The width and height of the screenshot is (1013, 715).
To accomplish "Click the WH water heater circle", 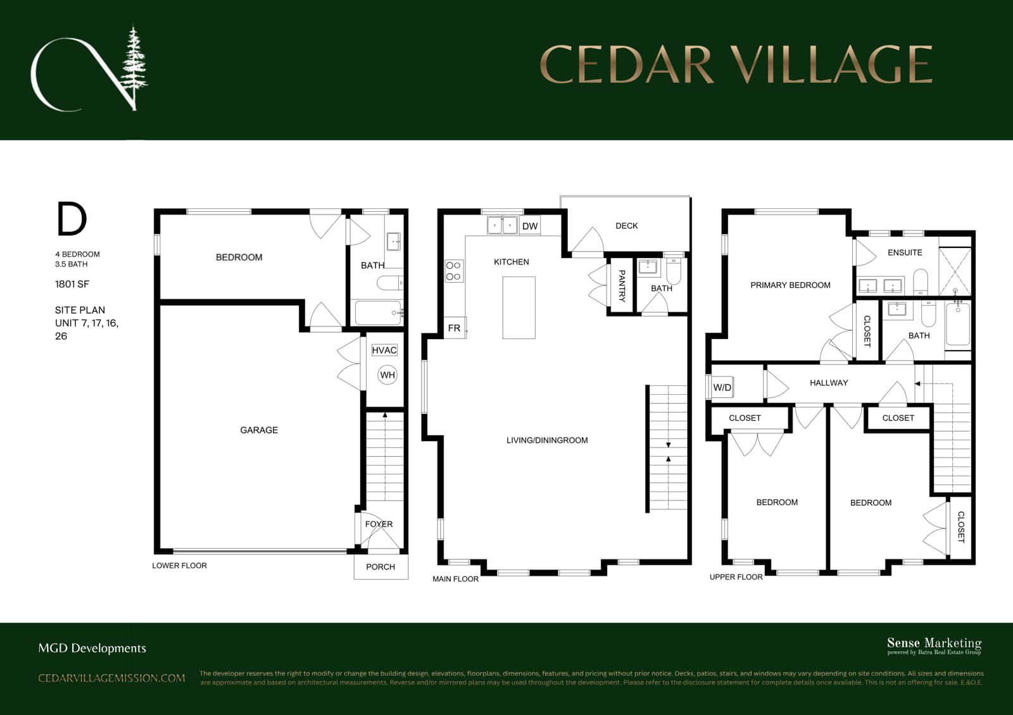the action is (x=387, y=375).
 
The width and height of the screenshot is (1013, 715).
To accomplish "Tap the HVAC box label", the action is (x=384, y=350).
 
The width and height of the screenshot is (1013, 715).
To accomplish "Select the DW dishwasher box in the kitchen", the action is (x=529, y=226).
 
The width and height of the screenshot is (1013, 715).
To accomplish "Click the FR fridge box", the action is (x=455, y=328).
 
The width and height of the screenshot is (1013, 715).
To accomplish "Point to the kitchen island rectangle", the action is (x=519, y=308).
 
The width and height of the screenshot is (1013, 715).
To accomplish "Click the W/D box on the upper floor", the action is (x=722, y=387).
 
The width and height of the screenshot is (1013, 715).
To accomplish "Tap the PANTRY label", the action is (x=622, y=285).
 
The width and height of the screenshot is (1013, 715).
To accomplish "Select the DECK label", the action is (x=626, y=225).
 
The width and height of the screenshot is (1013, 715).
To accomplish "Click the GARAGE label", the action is (x=259, y=430).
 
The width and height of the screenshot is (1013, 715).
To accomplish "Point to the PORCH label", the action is (x=381, y=567).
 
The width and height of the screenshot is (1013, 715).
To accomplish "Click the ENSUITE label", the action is (x=905, y=252).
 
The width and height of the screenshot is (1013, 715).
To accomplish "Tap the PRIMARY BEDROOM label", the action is (x=790, y=285).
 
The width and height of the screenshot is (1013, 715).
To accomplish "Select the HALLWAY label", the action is (x=829, y=383).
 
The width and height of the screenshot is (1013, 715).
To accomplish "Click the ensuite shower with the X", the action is (x=955, y=271).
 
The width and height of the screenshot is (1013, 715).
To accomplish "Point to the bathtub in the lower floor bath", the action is (x=379, y=313).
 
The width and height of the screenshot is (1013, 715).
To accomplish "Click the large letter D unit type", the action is (x=72, y=219).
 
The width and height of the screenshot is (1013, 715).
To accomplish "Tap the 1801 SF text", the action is (x=72, y=284).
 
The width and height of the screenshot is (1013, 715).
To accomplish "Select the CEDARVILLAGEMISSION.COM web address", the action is (x=111, y=678).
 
